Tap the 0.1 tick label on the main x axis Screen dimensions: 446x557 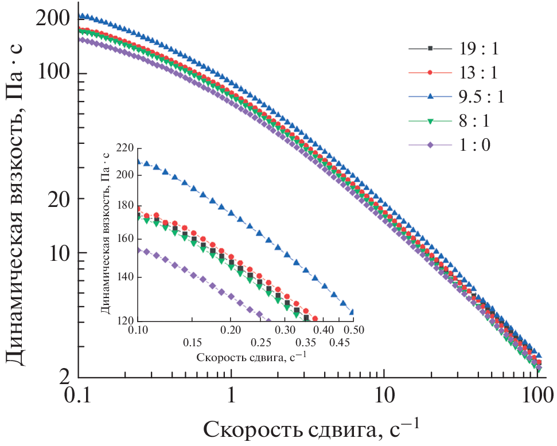79,396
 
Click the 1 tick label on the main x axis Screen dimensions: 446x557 231,396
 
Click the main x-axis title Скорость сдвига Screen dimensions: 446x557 310,429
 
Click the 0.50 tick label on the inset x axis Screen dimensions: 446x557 353,331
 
